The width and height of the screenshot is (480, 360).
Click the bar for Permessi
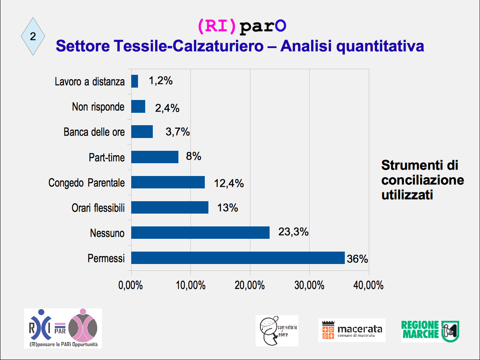click(x=238, y=258)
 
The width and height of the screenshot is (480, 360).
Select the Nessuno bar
click(x=200, y=232)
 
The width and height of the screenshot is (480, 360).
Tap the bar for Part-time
click(x=155, y=157)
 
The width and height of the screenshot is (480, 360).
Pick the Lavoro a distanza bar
click(x=135, y=81)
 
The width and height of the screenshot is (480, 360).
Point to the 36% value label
click(x=357, y=259)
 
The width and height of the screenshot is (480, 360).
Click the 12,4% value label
click(x=229, y=184)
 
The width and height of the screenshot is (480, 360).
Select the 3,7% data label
click(x=178, y=132)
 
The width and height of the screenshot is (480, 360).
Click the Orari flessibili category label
click(x=98, y=208)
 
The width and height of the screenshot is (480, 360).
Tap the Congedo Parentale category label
click(x=86, y=183)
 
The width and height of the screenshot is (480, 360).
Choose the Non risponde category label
click(x=98, y=107)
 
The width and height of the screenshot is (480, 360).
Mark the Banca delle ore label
click(x=94, y=132)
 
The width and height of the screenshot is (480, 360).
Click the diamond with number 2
click(x=33, y=36)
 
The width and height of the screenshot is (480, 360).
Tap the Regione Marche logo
click(x=430, y=331)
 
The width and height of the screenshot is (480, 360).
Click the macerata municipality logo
click(x=352, y=330)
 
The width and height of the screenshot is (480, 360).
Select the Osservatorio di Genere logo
click(x=277, y=331)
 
